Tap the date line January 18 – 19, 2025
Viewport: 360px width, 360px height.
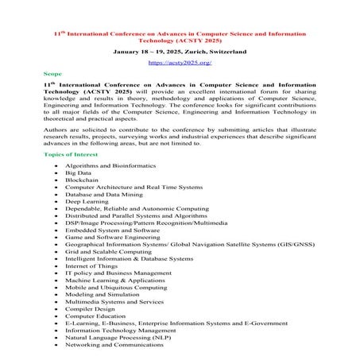179,49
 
